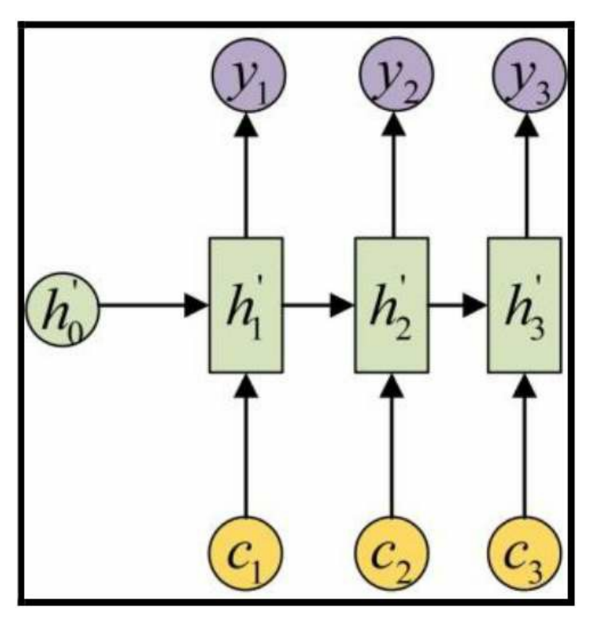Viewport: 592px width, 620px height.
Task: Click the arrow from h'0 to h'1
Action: (151, 305)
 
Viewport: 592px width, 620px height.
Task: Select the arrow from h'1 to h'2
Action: (318, 305)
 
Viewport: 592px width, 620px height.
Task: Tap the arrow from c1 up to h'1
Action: (247, 446)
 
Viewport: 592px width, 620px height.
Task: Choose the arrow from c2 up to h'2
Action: (392, 446)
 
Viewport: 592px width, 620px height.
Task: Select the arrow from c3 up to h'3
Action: (524, 446)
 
